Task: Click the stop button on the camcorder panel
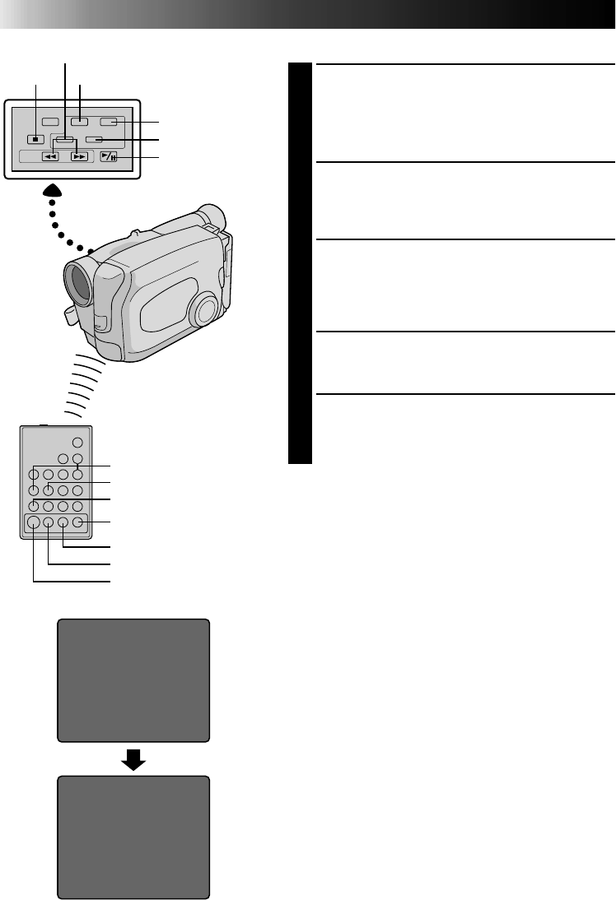click(36, 139)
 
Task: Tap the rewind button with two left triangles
click(50, 156)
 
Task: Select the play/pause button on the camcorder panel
click(109, 155)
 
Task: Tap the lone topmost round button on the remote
click(77, 442)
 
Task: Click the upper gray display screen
click(133, 680)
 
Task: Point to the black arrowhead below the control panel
click(52, 193)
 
